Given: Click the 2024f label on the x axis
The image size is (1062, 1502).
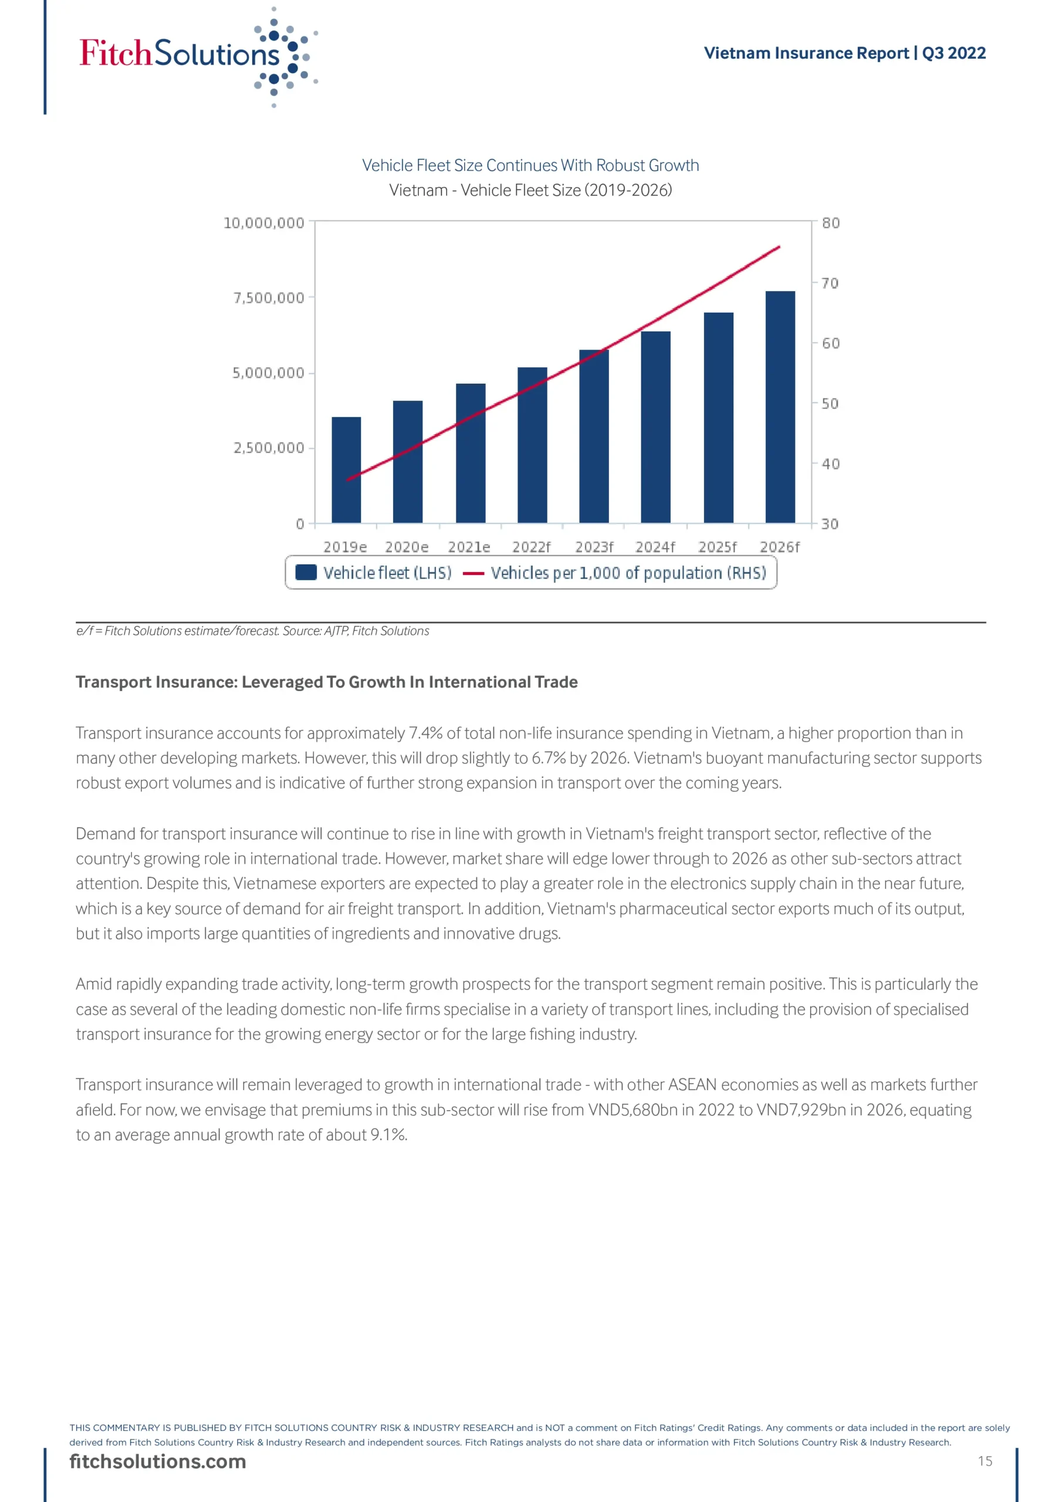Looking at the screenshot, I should click(655, 547).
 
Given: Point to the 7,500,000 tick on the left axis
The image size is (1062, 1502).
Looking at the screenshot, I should click(269, 298).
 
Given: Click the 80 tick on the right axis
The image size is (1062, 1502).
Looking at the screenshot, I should click(830, 223).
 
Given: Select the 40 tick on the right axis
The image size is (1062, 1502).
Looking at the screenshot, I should click(830, 464).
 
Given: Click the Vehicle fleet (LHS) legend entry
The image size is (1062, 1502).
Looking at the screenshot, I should click(374, 573).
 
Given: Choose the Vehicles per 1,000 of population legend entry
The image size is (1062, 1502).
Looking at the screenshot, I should click(615, 573).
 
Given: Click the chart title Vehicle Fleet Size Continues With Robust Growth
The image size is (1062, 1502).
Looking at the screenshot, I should click(530, 165).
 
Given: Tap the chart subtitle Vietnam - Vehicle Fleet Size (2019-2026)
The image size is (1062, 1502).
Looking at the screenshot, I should click(530, 190).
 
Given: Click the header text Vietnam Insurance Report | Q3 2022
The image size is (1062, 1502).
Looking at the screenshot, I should click(844, 53).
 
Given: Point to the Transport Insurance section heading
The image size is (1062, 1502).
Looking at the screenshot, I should click(326, 682).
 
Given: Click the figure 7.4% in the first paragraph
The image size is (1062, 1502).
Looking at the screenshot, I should click(425, 733).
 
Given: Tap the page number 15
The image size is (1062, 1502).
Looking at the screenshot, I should click(985, 1461).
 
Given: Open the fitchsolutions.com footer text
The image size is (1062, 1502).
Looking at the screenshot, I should click(158, 1462).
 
